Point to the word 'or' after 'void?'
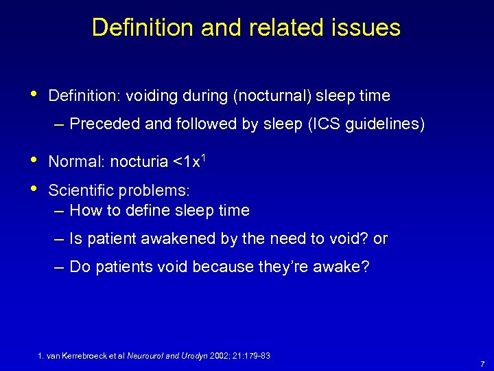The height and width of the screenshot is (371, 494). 380,238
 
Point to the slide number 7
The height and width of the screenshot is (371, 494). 483,364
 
